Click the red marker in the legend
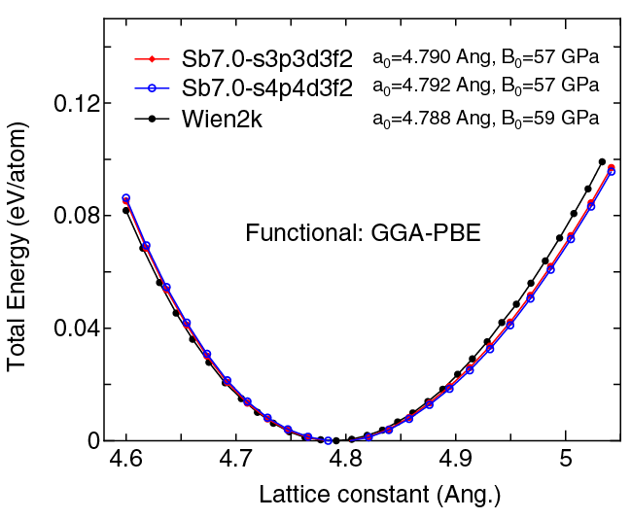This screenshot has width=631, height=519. (152, 60)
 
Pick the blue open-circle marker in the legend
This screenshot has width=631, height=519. (152, 88)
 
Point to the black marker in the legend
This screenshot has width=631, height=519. (152, 119)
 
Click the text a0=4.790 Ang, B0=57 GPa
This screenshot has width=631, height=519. (485, 60)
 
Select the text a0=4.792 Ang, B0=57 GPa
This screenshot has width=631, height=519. (485, 88)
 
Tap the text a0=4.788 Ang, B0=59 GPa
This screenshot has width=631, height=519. (485, 119)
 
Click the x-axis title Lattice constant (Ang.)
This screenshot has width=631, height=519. (379, 495)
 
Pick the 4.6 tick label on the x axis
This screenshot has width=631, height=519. (125, 462)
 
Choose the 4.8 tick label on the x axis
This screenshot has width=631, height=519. (346, 462)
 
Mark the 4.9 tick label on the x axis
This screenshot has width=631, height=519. (456, 462)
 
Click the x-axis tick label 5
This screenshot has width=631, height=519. (566, 462)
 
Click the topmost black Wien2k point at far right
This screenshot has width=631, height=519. (602, 162)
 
